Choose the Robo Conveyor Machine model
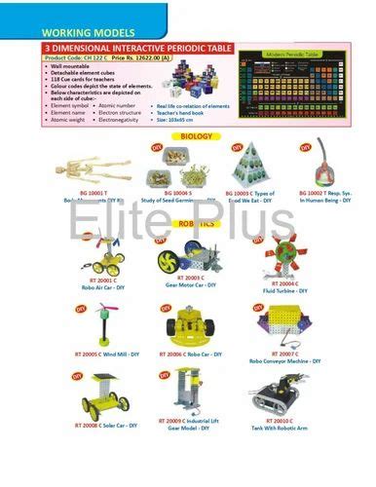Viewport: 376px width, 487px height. tap(279, 326)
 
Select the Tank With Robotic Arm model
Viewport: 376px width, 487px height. tap(277, 395)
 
